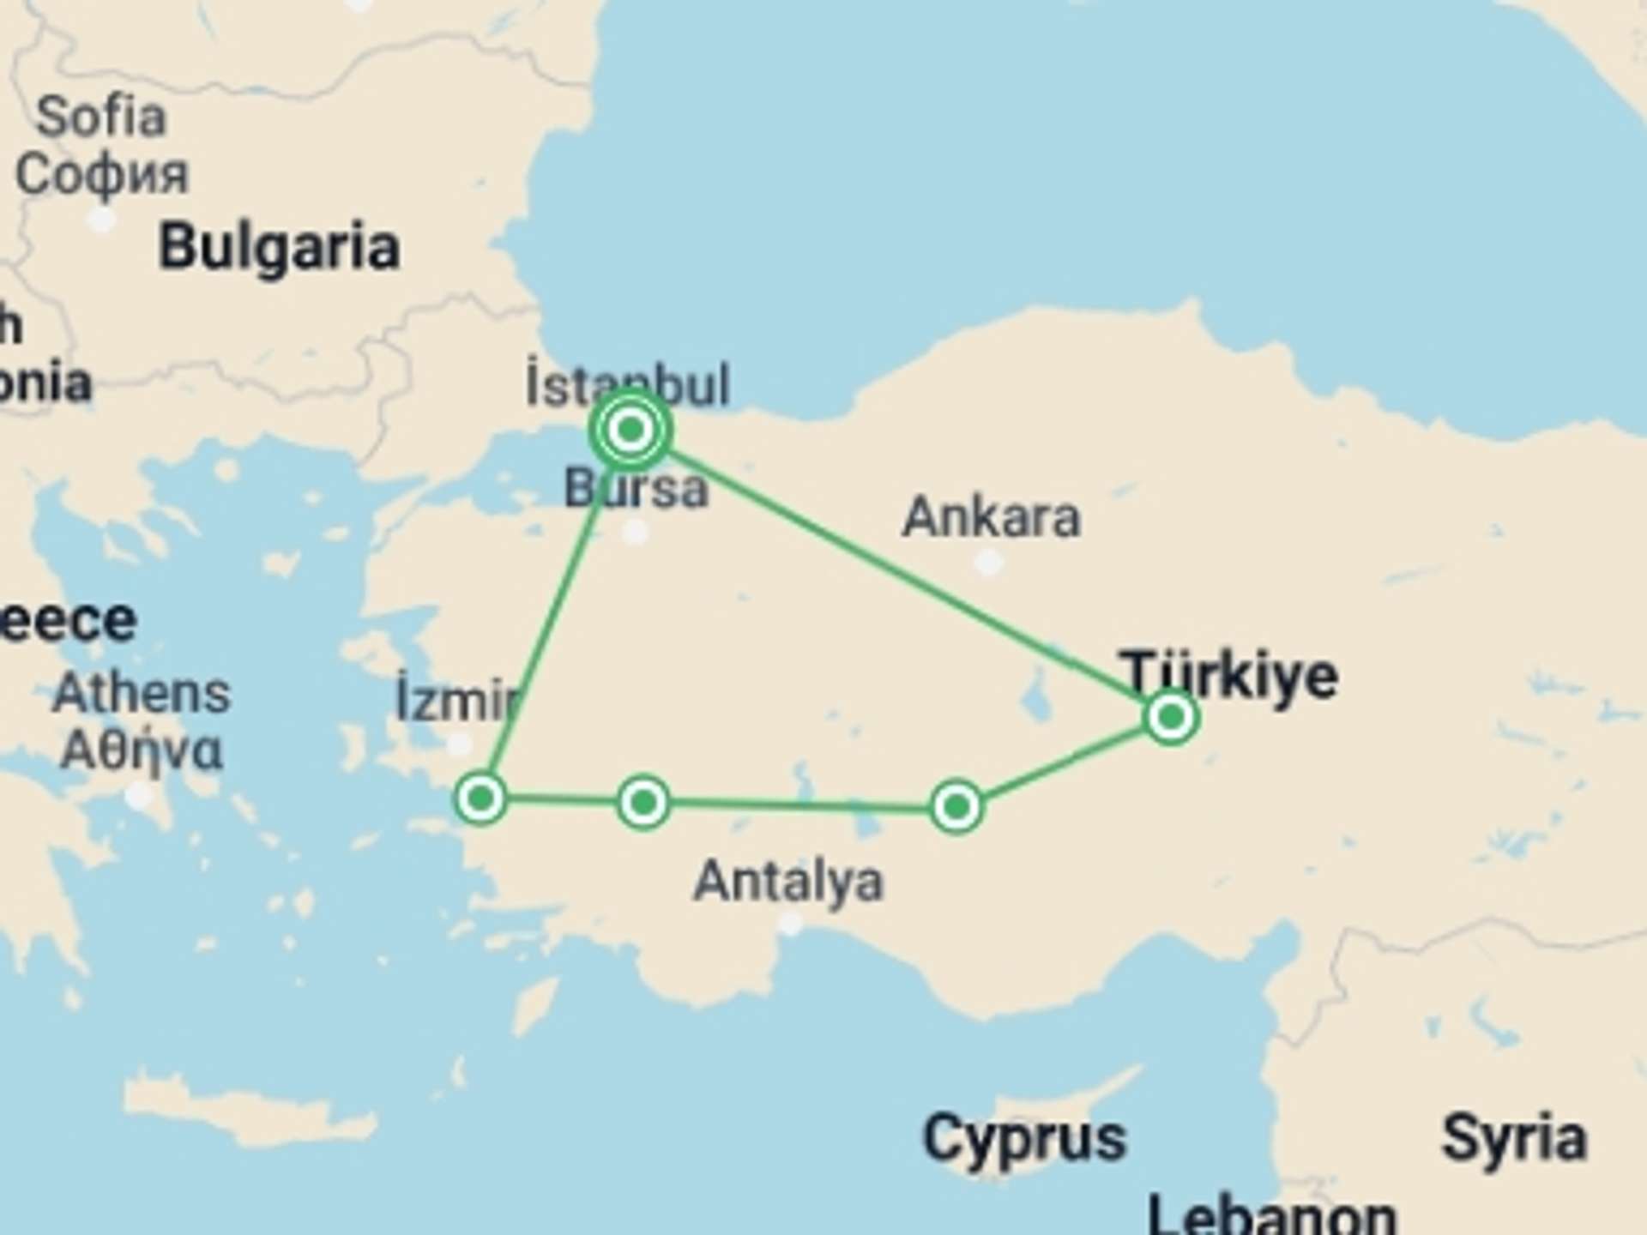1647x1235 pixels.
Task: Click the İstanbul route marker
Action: pos(630,429)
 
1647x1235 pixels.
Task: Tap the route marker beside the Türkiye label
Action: pos(1171,716)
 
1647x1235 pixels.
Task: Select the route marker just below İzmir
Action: pos(481,798)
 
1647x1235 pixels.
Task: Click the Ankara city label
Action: pos(992,517)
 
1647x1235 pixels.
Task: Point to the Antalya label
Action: pos(788,881)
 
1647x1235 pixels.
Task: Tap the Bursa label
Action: pos(636,490)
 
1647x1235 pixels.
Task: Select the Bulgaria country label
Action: pos(279,247)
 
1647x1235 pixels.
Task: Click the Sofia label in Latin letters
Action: pos(101,117)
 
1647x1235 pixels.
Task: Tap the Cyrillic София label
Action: pos(101,174)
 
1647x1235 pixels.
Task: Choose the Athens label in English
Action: pos(142,693)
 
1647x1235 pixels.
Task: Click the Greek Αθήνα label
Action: pos(142,751)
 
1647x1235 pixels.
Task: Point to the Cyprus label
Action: pos(1024,1139)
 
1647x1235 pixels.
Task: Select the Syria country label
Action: pos(1514,1139)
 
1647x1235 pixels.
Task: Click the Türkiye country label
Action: pos(1228,675)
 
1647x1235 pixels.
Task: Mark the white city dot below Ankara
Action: pos(989,563)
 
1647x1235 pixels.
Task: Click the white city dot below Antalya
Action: pos(790,924)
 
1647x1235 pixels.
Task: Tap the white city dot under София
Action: pos(102,220)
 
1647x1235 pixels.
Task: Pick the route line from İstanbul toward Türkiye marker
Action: pos(901,570)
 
